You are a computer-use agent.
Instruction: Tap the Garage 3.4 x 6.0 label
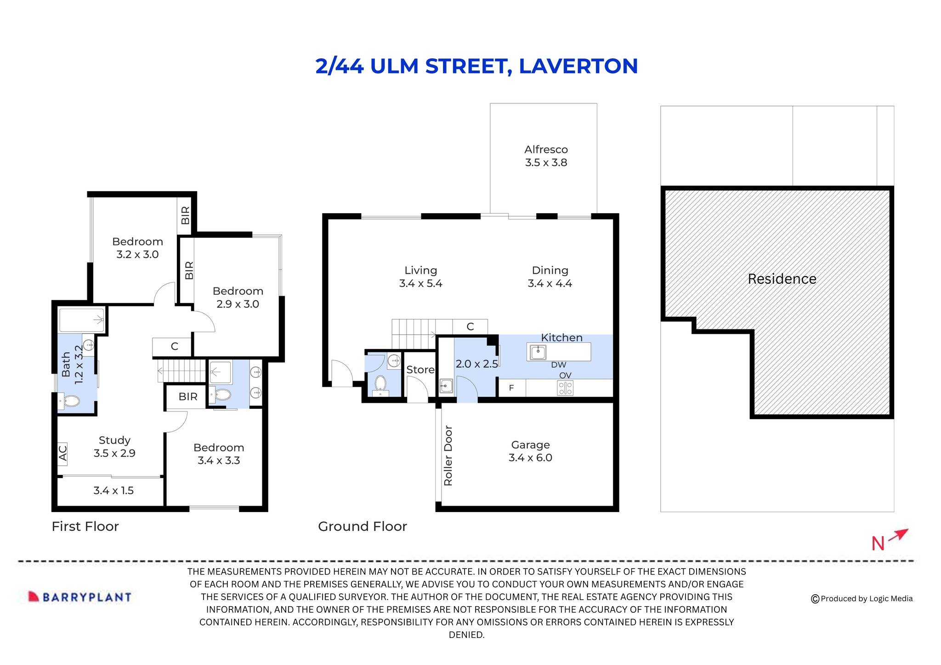530,451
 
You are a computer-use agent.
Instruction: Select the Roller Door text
448,456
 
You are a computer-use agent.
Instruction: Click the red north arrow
898,535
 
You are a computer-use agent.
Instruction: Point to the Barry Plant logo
80,597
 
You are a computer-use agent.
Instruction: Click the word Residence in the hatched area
782,279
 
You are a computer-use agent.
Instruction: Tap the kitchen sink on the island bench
538,352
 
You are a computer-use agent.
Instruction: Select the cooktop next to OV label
565,389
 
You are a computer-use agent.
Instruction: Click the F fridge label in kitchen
511,388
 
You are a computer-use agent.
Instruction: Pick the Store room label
420,370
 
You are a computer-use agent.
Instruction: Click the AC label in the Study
63,452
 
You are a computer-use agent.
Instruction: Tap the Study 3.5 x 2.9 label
114,446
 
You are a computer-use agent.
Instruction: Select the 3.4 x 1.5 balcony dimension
113,490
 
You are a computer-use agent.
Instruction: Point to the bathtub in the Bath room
82,320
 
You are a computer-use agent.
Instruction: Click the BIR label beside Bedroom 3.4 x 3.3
188,396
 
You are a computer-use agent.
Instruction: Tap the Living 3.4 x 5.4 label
420,277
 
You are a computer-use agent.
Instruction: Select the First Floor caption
85,526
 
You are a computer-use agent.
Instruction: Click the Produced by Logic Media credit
862,598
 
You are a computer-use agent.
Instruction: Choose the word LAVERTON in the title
578,66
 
